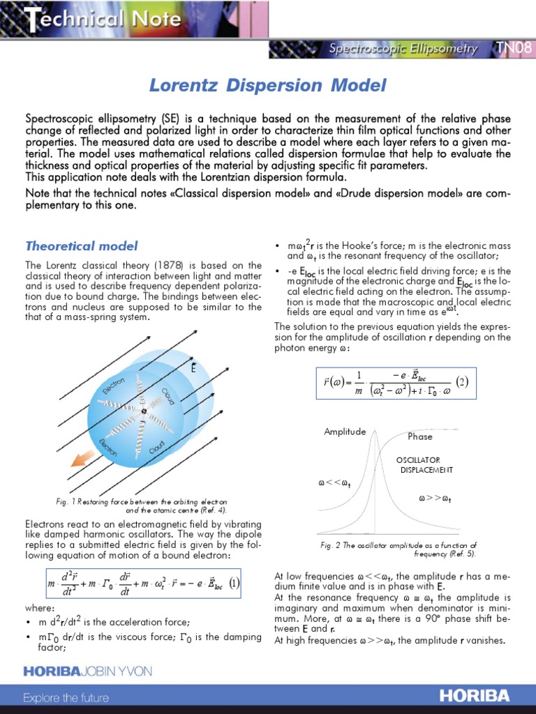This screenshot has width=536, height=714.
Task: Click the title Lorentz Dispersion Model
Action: point(267,86)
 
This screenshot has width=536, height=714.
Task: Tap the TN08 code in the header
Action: point(513,48)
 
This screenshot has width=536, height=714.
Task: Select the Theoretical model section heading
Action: point(82,246)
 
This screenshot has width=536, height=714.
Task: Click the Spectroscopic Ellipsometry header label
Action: point(403,49)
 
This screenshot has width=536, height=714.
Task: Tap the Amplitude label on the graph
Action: point(345,432)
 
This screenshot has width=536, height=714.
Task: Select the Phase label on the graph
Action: point(419,436)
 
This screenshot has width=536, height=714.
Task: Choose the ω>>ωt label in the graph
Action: point(434,499)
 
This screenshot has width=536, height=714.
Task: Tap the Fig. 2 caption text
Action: point(394,549)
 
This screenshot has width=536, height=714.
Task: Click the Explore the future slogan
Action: point(66,697)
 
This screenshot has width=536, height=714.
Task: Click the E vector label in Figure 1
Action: point(193,367)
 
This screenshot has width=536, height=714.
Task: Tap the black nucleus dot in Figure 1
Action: point(144,411)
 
